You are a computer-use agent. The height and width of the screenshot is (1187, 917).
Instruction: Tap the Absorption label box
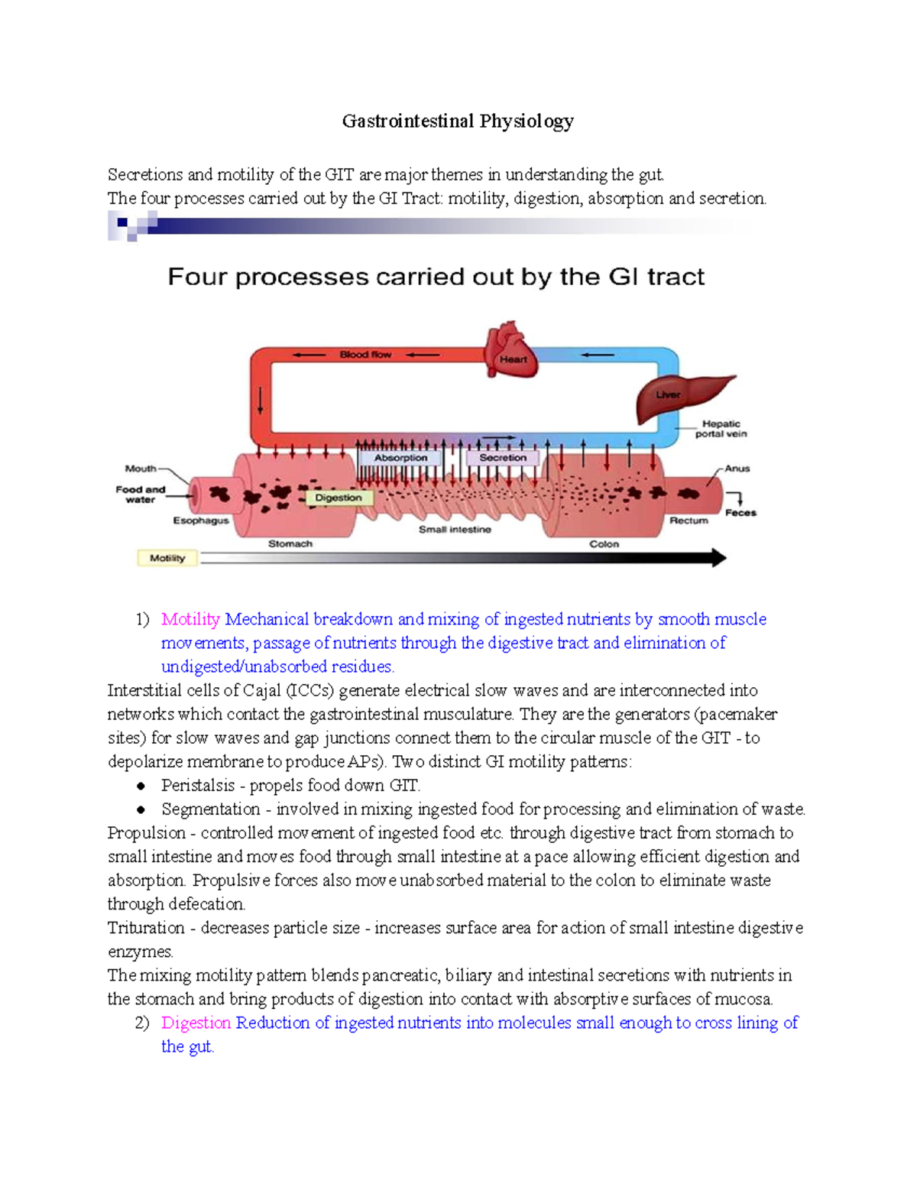click(400, 458)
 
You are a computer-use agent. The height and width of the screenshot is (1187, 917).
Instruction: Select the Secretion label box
click(503, 458)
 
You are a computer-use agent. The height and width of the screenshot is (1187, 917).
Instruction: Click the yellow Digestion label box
click(339, 498)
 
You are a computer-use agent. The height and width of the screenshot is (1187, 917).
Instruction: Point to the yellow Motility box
click(167, 558)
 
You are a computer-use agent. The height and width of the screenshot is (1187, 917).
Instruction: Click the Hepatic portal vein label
click(721, 429)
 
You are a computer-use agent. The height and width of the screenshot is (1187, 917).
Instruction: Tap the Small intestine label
click(455, 529)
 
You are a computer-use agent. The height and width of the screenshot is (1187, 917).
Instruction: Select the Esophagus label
click(200, 521)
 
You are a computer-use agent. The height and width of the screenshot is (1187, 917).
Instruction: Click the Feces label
click(740, 513)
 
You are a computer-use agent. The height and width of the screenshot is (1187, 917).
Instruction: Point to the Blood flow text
click(365, 355)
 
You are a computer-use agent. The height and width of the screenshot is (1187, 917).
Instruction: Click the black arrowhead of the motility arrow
click(718, 558)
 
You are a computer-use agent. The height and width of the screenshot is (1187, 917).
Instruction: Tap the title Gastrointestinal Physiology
click(458, 122)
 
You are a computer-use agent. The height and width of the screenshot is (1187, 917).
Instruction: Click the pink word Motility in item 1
click(190, 619)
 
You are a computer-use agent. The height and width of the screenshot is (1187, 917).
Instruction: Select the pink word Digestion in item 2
click(196, 1023)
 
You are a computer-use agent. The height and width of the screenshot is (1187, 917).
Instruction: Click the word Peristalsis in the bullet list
click(198, 786)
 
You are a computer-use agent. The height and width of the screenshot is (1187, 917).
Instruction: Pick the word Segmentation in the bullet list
click(210, 809)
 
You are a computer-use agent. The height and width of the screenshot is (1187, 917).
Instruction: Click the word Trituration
click(146, 928)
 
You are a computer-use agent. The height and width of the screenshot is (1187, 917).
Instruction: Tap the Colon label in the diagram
click(604, 544)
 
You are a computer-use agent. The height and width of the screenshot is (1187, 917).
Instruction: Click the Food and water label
click(140, 494)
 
